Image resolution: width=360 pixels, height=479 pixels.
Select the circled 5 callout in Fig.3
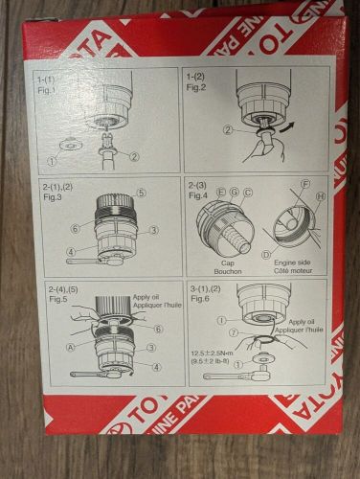tap(140, 192)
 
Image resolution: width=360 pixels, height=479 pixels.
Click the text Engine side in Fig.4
tap(290, 260)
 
